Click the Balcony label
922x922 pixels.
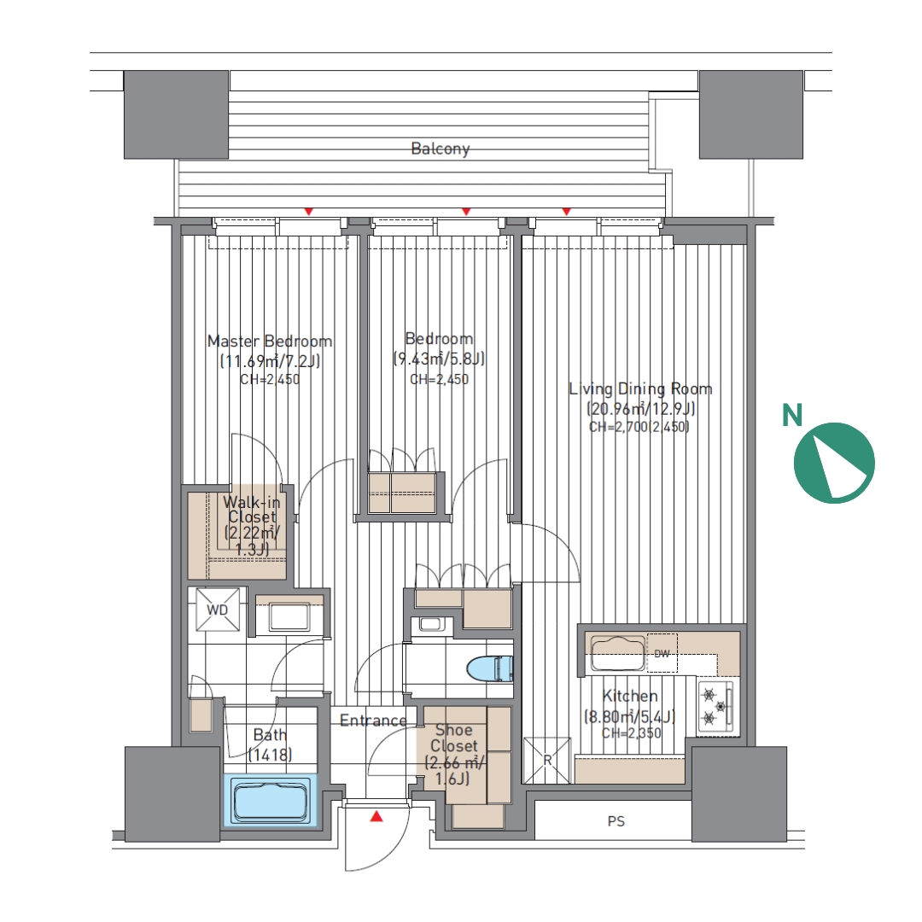tap(441, 149)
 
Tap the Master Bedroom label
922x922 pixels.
tap(270, 341)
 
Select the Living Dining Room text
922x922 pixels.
tap(640, 388)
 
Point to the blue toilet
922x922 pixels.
tap(490, 668)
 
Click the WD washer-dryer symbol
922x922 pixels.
tap(217, 610)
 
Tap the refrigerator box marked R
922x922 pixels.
tap(547, 761)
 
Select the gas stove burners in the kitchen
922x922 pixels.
tap(715, 706)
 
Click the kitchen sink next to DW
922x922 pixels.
tap(618, 653)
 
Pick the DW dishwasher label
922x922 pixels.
tap(662, 654)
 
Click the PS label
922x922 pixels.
tap(616, 821)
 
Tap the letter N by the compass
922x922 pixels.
tap(792, 415)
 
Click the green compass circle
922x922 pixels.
tap(834, 463)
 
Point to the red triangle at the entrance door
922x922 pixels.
tap(376, 816)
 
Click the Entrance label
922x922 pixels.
tap(373, 721)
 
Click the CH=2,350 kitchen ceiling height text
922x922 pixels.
tap(631, 733)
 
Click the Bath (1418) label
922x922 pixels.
tap(270, 744)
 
